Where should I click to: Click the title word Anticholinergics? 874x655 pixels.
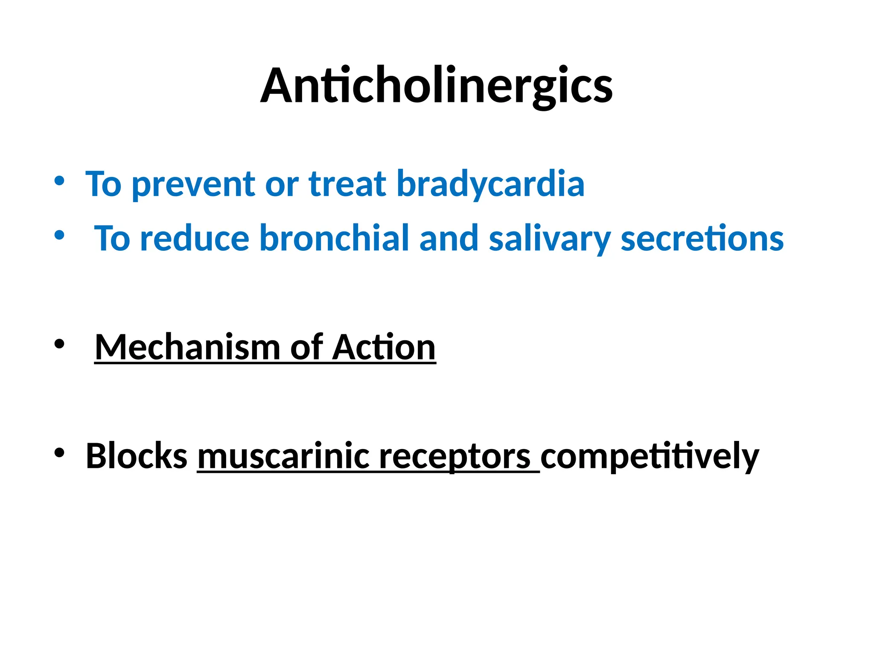tap(436, 86)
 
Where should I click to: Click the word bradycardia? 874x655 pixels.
tap(490, 184)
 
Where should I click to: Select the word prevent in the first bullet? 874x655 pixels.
tap(193, 185)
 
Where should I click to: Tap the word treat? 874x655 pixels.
tap(347, 184)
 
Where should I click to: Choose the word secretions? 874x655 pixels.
tap(702, 239)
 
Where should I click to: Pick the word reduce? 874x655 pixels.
tap(195, 239)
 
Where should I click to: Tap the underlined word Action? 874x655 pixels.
tap(384, 348)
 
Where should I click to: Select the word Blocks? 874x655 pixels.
tap(137, 456)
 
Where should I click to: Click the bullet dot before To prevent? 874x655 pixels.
tap(59, 181)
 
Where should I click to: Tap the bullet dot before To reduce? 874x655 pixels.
tap(59, 235)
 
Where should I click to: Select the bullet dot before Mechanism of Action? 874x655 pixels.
tap(59, 344)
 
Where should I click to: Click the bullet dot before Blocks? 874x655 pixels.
tap(59, 453)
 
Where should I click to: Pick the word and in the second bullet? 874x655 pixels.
tap(449, 239)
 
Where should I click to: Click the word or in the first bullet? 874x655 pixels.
tap(282, 185)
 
